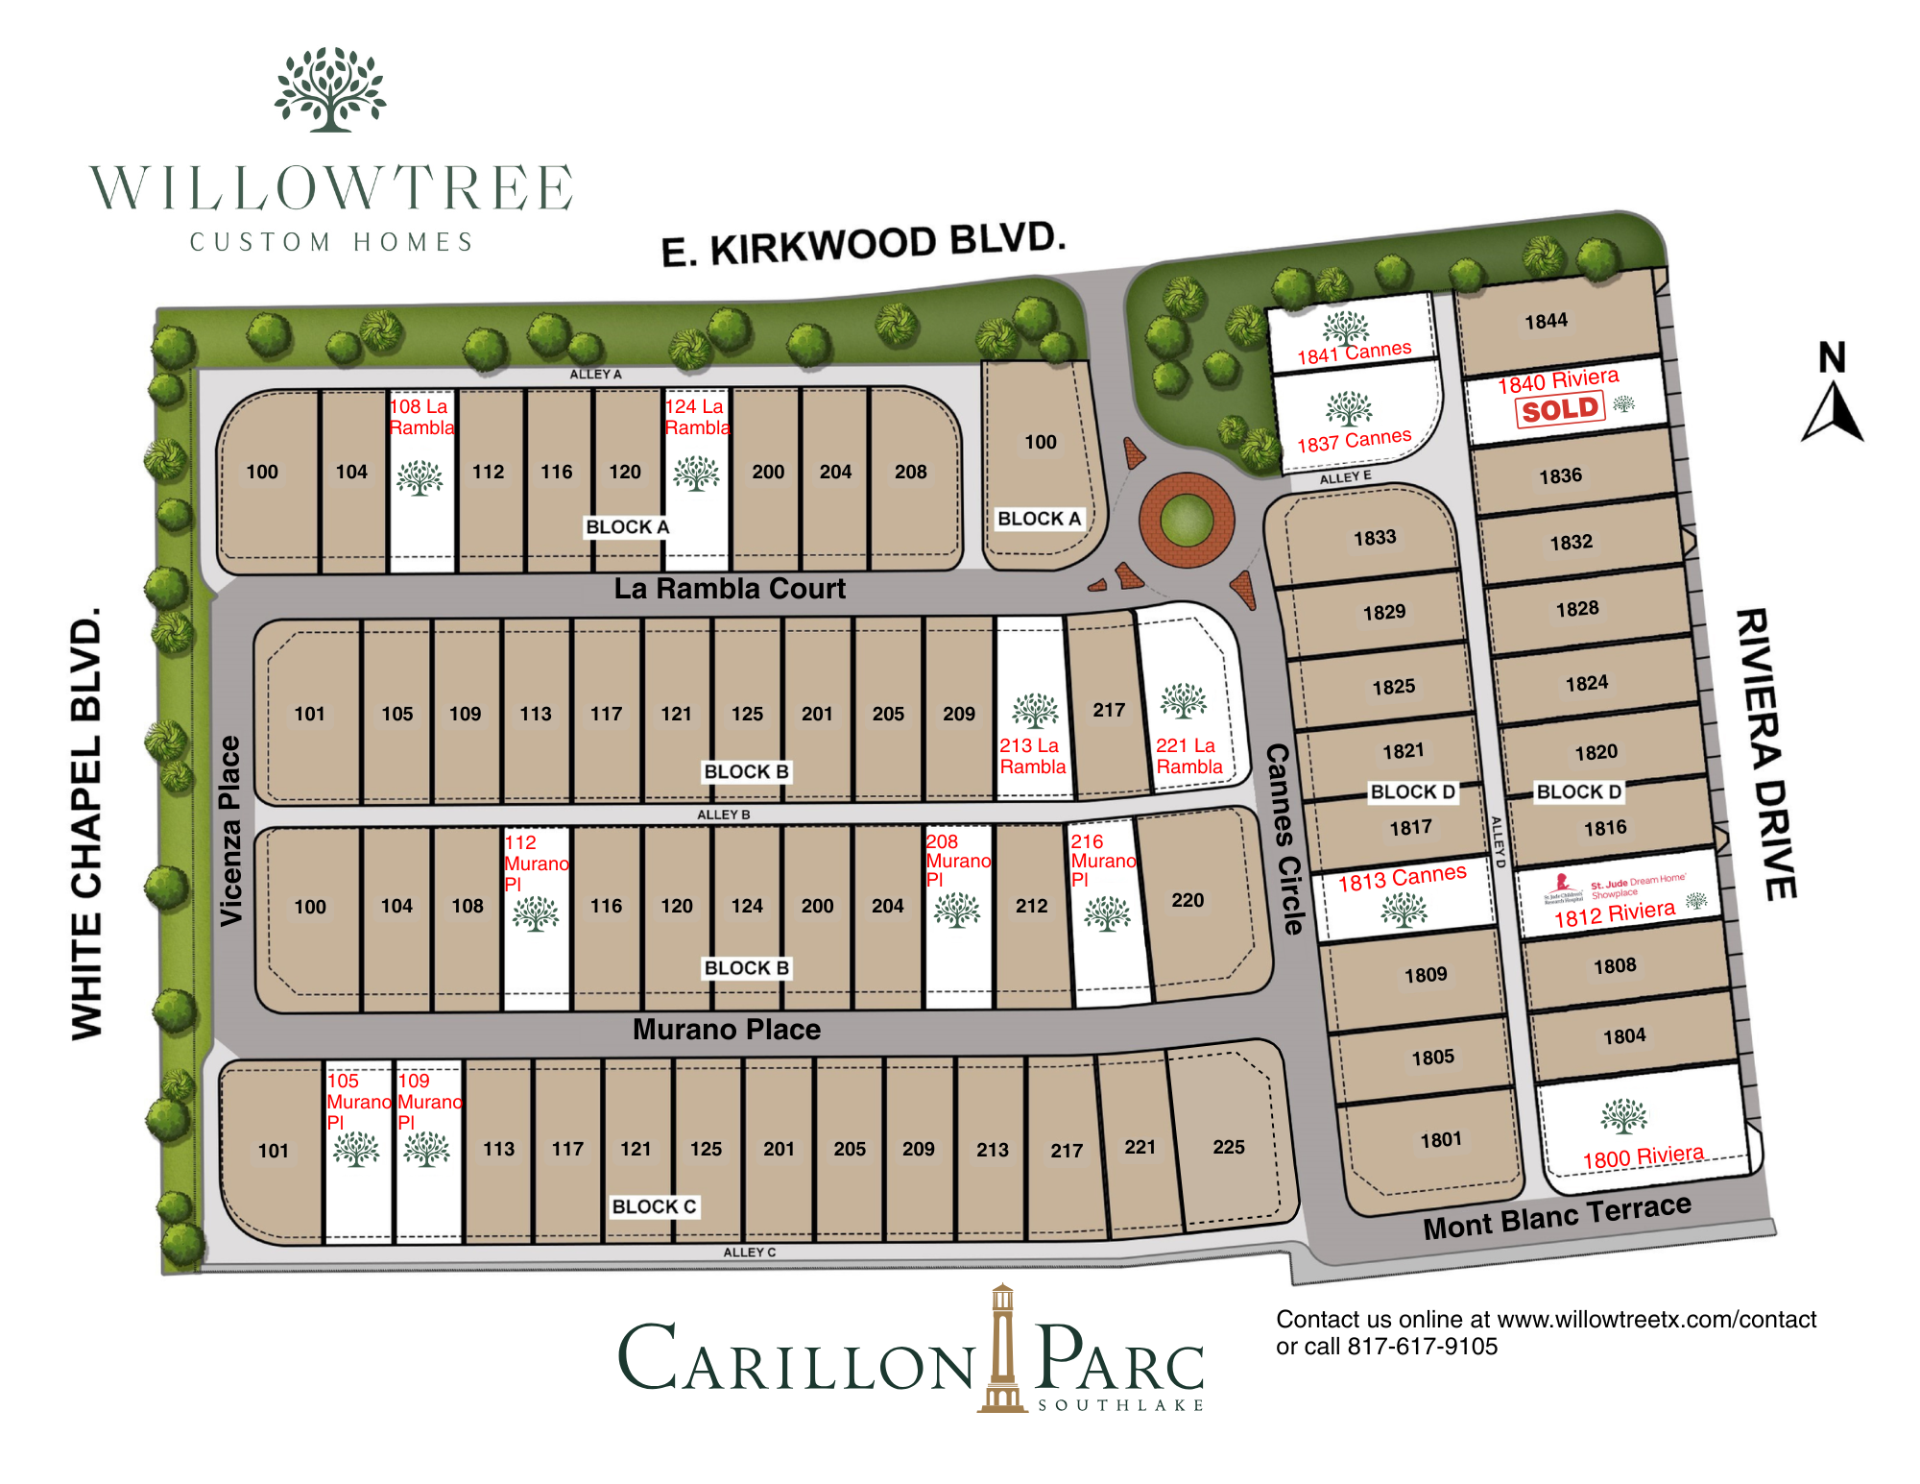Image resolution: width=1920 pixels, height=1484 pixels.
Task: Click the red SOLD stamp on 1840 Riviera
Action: click(x=1560, y=410)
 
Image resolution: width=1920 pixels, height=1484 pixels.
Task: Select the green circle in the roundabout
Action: click(x=1187, y=522)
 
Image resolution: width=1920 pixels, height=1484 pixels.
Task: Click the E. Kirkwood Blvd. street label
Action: click(x=863, y=245)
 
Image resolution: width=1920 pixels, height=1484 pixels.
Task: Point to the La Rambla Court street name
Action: click(x=730, y=589)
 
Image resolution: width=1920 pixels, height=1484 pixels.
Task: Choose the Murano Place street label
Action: click(x=727, y=1030)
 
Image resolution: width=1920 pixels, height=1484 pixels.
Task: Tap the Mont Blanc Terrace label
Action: click(x=1556, y=1217)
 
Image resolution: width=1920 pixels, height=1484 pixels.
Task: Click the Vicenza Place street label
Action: click(x=230, y=831)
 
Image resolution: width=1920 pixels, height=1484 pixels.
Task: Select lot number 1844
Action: click(x=1546, y=321)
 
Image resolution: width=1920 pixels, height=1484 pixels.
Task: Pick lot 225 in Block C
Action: click(x=1228, y=1147)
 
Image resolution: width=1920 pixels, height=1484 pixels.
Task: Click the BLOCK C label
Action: click(x=655, y=1206)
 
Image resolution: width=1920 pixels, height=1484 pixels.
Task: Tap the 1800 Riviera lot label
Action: click(x=1643, y=1157)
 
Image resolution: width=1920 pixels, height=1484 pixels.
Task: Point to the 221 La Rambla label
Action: click(x=1188, y=756)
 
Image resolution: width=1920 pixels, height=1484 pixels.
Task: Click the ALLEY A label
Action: click(x=595, y=374)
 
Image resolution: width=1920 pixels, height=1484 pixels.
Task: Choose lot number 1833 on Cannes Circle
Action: click(x=1375, y=538)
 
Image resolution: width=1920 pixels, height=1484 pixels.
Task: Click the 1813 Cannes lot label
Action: click(x=1402, y=878)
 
